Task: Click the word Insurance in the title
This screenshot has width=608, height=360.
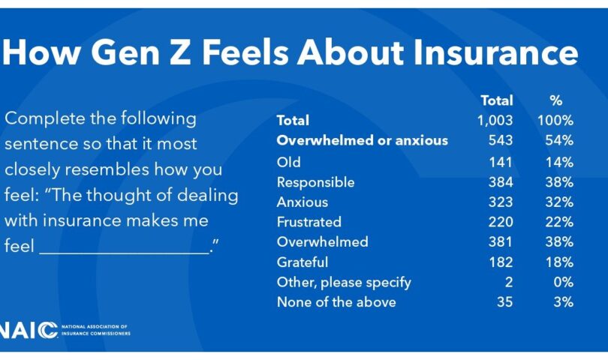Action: (x=496, y=52)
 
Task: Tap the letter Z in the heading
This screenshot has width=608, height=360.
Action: (x=180, y=52)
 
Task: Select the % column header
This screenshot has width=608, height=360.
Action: (x=555, y=100)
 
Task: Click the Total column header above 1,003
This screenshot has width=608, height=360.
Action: (x=497, y=100)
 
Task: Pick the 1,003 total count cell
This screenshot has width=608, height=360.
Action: (x=495, y=120)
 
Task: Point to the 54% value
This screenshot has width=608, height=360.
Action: (x=559, y=140)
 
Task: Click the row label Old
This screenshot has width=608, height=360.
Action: (x=288, y=162)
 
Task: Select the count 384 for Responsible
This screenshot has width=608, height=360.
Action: (x=501, y=181)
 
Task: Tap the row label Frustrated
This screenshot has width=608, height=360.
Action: (x=309, y=222)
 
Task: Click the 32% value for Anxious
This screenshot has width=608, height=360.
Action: (x=559, y=202)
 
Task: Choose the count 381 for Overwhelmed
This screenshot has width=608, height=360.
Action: (x=500, y=241)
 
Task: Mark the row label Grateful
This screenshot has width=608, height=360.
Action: (x=302, y=262)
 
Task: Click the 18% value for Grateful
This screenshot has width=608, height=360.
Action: (x=559, y=262)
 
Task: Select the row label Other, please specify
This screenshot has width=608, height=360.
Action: (x=344, y=283)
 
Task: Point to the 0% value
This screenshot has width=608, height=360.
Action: (x=564, y=282)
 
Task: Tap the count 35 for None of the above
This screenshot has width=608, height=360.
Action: (x=505, y=301)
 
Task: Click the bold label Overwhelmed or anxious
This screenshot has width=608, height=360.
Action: (x=362, y=140)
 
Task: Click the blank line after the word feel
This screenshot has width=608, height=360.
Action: (x=124, y=253)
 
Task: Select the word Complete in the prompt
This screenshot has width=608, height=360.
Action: (x=45, y=118)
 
